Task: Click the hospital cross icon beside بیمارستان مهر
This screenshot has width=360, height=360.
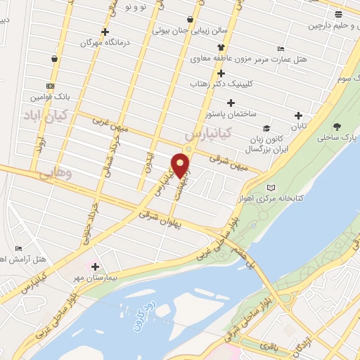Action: (95, 266)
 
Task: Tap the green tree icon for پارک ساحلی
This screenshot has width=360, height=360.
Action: (337, 127)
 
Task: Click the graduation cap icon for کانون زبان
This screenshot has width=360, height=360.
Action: (266, 128)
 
